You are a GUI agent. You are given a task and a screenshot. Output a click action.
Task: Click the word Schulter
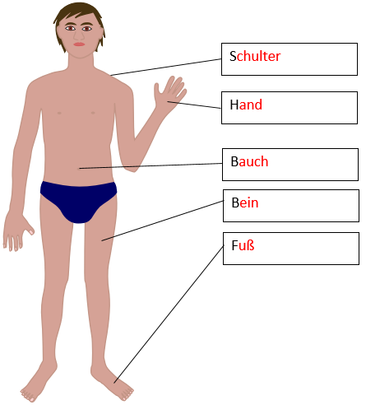(255, 56)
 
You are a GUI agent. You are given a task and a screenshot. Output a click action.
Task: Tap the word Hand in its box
(246, 105)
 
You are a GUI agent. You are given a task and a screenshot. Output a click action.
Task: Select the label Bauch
(249, 161)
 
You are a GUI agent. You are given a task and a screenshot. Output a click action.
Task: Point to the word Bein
(245, 202)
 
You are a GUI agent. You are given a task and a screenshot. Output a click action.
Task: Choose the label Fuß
(243, 245)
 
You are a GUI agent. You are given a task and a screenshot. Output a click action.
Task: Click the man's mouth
(79, 44)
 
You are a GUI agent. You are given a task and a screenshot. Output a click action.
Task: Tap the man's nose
(79, 35)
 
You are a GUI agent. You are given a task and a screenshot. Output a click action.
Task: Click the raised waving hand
(169, 93)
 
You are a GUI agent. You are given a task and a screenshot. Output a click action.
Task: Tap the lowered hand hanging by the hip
(16, 232)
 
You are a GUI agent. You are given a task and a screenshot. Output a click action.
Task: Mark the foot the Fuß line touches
(115, 383)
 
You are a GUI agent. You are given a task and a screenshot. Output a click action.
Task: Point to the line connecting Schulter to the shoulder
(166, 67)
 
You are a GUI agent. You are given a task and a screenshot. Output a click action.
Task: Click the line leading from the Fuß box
(169, 314)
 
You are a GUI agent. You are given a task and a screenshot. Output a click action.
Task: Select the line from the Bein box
(163, 221)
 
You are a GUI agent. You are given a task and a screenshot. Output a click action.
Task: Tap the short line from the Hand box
(194, 105)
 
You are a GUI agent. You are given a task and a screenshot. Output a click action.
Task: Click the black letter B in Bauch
(234, 161)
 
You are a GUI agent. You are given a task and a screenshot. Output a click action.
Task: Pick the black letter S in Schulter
(233, 56)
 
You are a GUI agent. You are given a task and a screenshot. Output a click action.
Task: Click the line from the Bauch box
(151, 165)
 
